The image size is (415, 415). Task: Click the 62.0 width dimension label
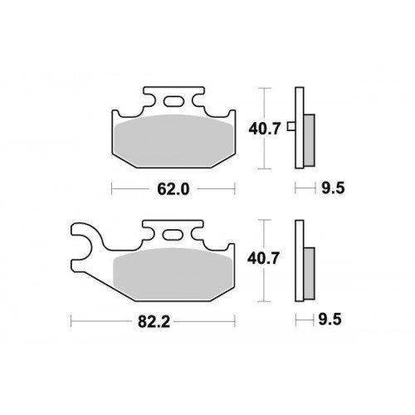point(173,189)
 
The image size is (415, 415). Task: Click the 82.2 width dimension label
point(154,322)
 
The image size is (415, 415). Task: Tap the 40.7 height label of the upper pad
point(265,129)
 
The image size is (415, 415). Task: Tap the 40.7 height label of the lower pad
point(264,258)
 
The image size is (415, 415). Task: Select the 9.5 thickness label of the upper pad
point(333,188)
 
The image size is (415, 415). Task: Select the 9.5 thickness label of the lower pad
point(330,320)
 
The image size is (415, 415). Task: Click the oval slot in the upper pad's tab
point(174,101)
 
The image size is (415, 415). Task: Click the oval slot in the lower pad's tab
point(173,235)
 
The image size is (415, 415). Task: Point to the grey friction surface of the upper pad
point(174,140)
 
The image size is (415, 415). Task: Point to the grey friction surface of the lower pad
point(173,274)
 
